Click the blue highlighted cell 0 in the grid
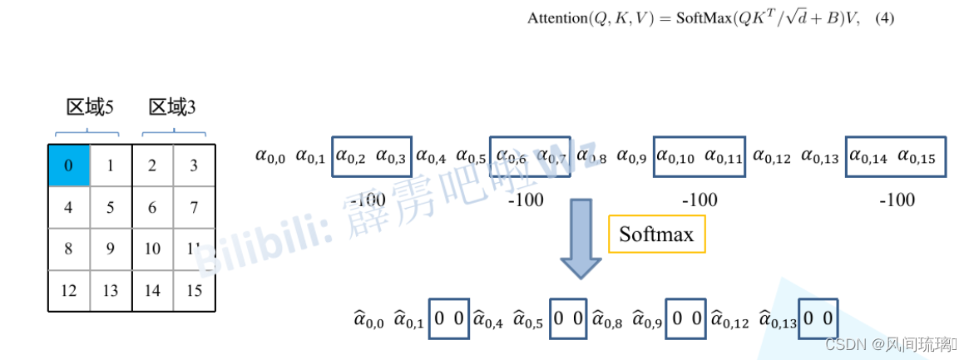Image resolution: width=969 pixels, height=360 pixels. [x=69, y=165]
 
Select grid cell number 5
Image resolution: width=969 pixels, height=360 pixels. [x=111, y=207]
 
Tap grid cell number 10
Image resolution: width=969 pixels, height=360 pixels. [x=152, y=249]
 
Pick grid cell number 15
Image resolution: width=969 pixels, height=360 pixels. [x=194, y=290]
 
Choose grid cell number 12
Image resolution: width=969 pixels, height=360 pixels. [x=69, y=290]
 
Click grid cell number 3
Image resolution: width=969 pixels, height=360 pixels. [x=194, y=165]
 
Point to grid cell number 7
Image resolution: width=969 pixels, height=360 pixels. [x=194, y=207]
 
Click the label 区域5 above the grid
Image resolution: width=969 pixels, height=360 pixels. [x=90, y=107]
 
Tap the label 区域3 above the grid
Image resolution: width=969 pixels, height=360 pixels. [x=172, y=107]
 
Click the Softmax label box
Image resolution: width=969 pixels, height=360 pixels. [x=657, y=234]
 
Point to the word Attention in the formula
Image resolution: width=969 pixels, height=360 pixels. [x=556, y=18]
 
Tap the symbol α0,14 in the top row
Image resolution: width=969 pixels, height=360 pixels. [x=868, y=156]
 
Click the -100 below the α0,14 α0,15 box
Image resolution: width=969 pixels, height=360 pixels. [x=896, y=200]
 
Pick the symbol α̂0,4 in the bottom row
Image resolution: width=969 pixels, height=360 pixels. [x=490, y=319]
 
